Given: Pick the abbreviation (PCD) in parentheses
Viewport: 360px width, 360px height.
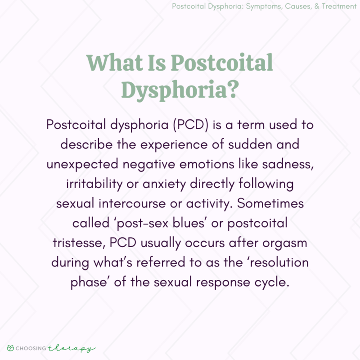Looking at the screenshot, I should pyautogui.click(x=182, y=125).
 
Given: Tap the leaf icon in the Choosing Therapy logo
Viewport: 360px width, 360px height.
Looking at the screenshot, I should pyautogui.click(x=10, y=348).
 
